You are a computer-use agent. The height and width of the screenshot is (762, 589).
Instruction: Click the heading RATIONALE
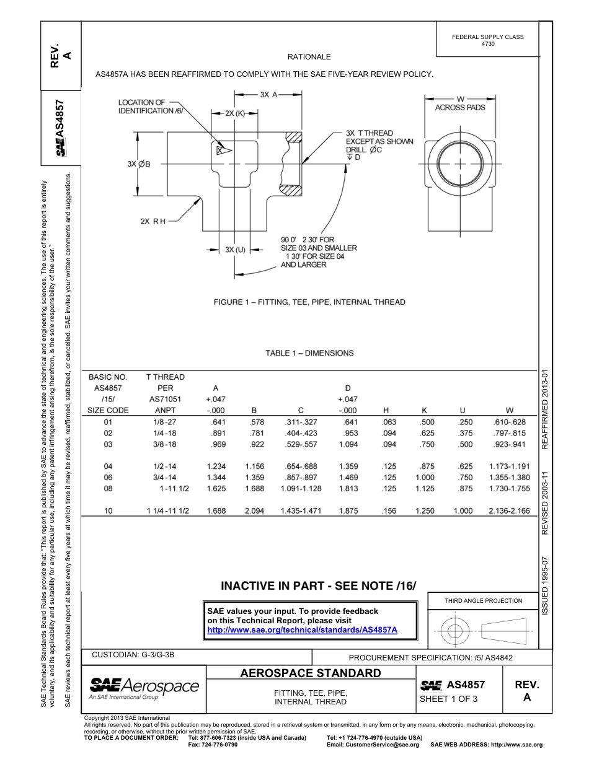[309, 57]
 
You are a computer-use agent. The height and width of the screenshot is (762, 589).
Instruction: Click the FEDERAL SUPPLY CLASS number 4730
[488, 45]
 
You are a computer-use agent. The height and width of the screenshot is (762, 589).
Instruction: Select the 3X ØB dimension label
[139, 164]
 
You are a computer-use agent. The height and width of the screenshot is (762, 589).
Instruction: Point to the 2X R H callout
[153, 221]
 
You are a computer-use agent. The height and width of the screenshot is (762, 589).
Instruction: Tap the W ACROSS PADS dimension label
[460, 103]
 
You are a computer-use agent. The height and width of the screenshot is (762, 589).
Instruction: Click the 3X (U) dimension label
[235, 249]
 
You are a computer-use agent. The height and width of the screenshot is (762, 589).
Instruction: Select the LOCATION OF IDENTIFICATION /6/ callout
[146, 107]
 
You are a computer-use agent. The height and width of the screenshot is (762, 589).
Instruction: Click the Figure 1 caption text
[309, 302]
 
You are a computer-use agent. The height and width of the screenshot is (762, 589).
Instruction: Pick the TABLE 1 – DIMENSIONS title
[309, 353]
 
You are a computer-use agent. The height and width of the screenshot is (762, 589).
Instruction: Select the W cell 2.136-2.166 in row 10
[509, 511]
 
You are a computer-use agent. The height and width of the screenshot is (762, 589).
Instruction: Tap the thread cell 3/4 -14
[161, 478]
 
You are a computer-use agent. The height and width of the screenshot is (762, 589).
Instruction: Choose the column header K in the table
[425, 410]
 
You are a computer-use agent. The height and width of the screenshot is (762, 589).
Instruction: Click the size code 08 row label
[108, 489]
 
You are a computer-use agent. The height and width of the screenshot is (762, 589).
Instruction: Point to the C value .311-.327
[300, 422]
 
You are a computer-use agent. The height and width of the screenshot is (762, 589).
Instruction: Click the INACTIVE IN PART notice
[318, 585]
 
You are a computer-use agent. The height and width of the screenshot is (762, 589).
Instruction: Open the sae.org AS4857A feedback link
[302, 629]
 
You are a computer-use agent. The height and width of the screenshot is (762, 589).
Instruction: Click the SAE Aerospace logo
[144, 687]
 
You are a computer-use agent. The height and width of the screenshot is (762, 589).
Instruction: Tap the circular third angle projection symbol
[456, 631]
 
